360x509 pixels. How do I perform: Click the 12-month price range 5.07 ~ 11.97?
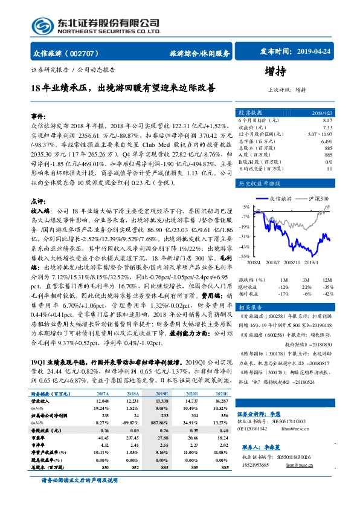point(320,134)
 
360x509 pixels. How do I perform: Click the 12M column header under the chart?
point(327,280)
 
